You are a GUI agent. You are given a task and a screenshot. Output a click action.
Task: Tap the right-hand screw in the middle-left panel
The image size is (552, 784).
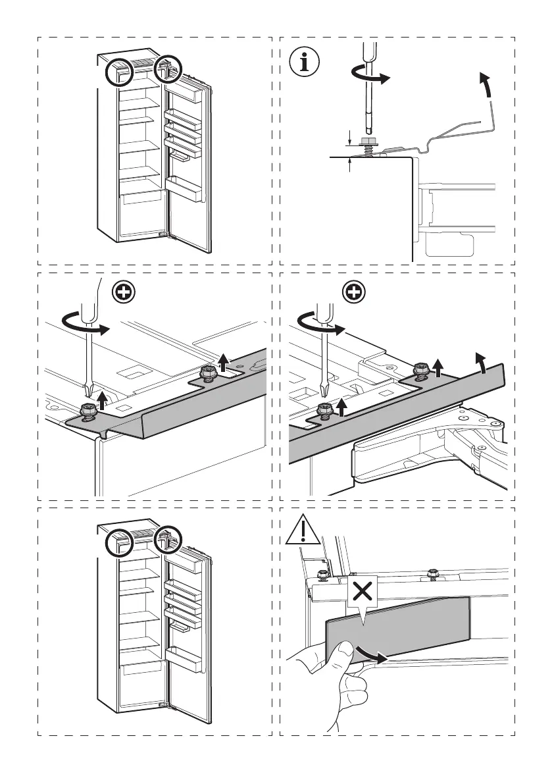click(x=209, y=373)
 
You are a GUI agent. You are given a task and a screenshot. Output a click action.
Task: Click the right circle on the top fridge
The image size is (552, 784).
click(x=166, y=68)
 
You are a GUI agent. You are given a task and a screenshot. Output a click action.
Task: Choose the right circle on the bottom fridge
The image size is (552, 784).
click(x=166, y=539)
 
